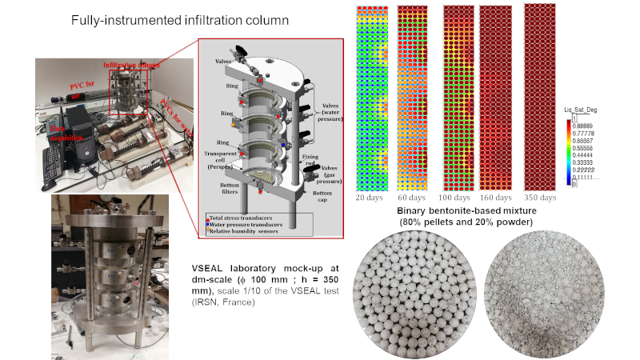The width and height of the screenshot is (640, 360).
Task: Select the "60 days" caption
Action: pos(410,197)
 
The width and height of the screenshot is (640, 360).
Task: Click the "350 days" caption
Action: pos(540,197)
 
